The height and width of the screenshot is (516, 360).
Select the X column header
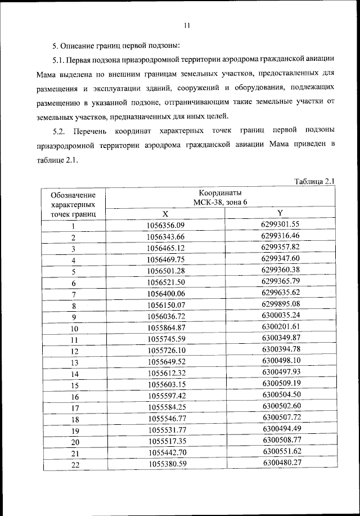click(165, 214)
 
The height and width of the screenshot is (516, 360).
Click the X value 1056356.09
click(165, 226)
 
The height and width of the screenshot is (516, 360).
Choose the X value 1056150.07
click(165, 306)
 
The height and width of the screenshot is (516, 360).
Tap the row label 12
click(73, 351)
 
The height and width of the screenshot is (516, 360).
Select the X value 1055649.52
click(165, 362)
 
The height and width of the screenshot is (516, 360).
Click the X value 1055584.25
click(165, 407)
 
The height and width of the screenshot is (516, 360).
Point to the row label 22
click(73, 464)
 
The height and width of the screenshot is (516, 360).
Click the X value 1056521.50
click(165, 282)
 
